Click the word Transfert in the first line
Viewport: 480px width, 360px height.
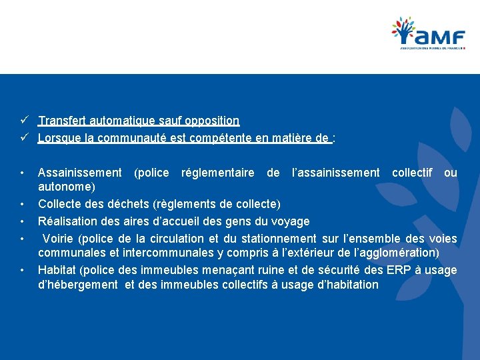[61, 121]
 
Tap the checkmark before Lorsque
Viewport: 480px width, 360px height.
[23, 138]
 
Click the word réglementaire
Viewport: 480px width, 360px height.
[217, 173]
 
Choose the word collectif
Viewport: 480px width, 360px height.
[412, 173]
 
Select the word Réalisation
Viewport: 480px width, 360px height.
[67, 221]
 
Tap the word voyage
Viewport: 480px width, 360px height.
[291, 221]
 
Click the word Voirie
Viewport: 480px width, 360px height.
[59, 238]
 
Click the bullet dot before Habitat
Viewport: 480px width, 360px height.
[23, 269]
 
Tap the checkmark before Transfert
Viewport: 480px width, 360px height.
[23, 121]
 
